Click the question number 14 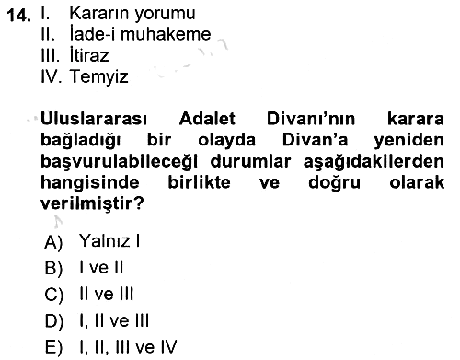[18, 16]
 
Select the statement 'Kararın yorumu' [132, 14]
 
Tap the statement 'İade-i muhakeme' [141, 33]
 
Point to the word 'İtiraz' [89, 54]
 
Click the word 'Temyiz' [98, 76]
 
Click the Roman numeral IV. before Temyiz [52, 75]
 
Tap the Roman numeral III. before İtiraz [50, 55]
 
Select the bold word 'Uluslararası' [94, 119]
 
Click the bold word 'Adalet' [207, 119]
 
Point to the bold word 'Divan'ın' [311, 119]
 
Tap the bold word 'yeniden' [408, 140]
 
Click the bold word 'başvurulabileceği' [119, 162]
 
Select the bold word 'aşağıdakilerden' [374, 162]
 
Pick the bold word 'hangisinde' [90, 183]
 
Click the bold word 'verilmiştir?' [92, 203]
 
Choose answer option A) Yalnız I [92, 241]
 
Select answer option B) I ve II [84, 268]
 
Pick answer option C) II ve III [89, 295]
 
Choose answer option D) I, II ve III [97, 321]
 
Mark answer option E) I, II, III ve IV [110, 347]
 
